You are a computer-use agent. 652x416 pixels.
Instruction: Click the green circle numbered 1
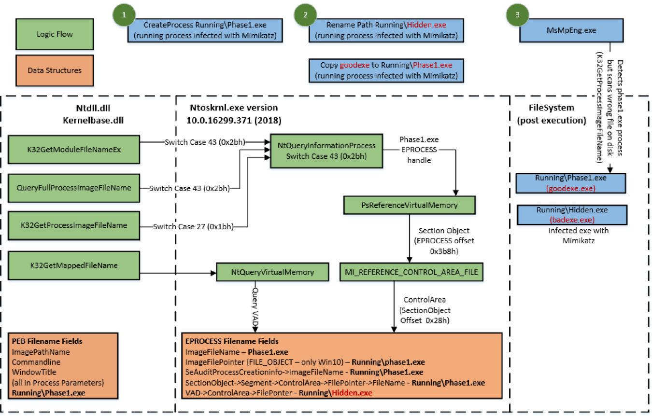coord(125,15)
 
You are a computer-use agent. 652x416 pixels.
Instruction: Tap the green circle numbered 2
coord(305,15)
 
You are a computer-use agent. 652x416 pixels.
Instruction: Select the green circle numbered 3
coord(518,15)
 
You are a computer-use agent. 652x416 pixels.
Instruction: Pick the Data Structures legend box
coord(54,70)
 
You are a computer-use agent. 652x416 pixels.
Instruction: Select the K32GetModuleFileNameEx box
coord(74,149)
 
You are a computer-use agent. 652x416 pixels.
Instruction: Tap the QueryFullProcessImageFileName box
coord(74,188)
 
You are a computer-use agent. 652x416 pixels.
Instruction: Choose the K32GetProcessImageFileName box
coord(74,225)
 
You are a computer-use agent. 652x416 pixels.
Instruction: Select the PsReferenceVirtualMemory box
coord(409,205)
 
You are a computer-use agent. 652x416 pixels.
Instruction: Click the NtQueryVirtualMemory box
coord(272,272)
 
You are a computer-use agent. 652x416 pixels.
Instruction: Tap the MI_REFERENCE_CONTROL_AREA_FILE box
coord(411,272)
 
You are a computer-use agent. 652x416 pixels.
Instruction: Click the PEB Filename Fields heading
coord(47,341)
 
